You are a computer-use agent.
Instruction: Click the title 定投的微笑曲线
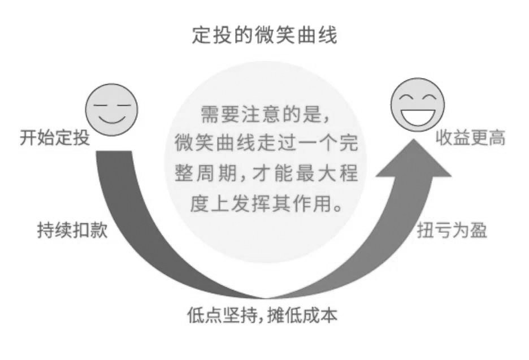264,35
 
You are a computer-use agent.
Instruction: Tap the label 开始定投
55,138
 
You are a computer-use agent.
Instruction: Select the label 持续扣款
72,230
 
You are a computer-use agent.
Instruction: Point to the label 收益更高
471,138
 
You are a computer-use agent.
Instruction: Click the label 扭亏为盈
452,231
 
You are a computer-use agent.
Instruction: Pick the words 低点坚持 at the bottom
222,315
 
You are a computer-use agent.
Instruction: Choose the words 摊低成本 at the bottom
302,315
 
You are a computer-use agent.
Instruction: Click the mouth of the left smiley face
112,119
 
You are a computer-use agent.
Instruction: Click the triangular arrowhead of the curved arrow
414,159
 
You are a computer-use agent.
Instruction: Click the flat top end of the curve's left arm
114,152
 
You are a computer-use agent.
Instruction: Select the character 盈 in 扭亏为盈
479,231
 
